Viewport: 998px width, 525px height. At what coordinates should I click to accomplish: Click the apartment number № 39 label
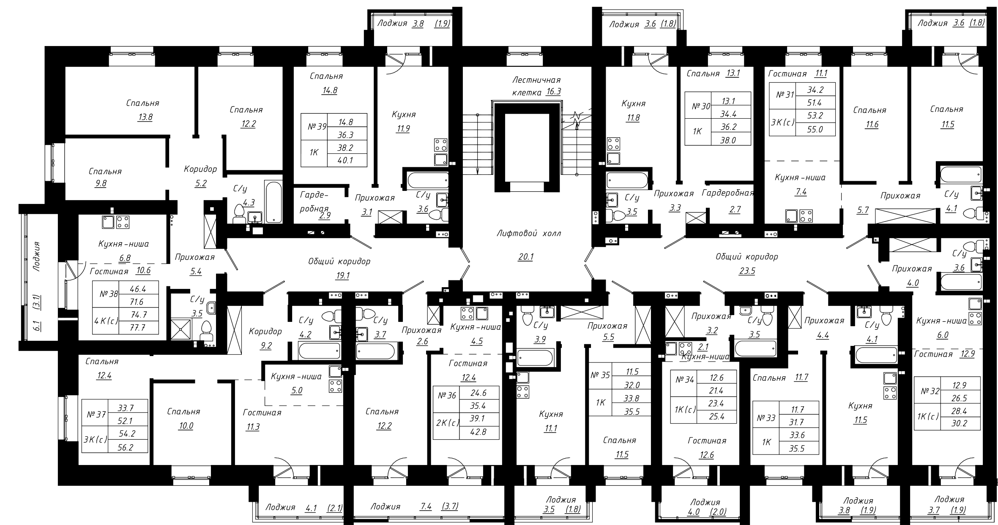pyautogui.click(x=317, y=126)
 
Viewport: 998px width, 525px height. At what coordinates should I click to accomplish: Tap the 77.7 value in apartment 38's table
pyautogui.click(x=138, y=327)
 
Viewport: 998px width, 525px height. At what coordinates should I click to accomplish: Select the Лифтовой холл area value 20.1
pyautogui.click(x=525, y=257)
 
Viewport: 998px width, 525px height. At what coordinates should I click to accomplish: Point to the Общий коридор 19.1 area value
pyautogui.click(x=342, y=276)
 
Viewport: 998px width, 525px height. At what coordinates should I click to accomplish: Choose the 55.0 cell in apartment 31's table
pyautogui.click(x=815, y=130)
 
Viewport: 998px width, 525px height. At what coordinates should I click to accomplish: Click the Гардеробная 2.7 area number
pyautogui.click(x=735, y=209)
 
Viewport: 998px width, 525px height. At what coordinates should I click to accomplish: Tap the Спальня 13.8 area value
pyautogui.click(x=145, y=117)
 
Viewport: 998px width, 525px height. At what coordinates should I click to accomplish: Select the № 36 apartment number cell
pyautogui.click(x=447, y=396)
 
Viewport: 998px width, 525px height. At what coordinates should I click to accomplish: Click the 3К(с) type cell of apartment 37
pyautogui.click(x=95, y=439)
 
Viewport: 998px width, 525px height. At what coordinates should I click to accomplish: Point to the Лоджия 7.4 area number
pyautogui.click(x=426, y=506)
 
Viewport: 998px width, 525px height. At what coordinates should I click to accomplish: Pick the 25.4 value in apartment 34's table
pyautogui.click(x=716, y=417)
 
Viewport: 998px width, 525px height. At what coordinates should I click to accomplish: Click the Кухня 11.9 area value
pyautogui.click(x=403, y=129)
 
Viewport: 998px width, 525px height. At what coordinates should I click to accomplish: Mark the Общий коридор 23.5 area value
pyautogui.click(x=747, y=271)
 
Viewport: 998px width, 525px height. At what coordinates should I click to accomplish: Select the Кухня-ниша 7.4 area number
pyautogui.click(x=801, y=192)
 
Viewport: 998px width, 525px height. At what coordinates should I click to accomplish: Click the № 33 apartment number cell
pyautogui.click(x=766, y=418)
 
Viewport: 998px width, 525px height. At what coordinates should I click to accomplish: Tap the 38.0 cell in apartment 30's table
pyautogui.click(x=728, y=141)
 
